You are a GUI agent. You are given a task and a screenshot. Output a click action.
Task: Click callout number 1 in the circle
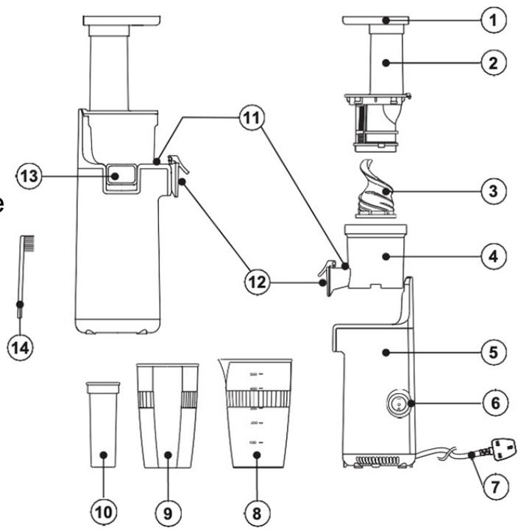(493, 21)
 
